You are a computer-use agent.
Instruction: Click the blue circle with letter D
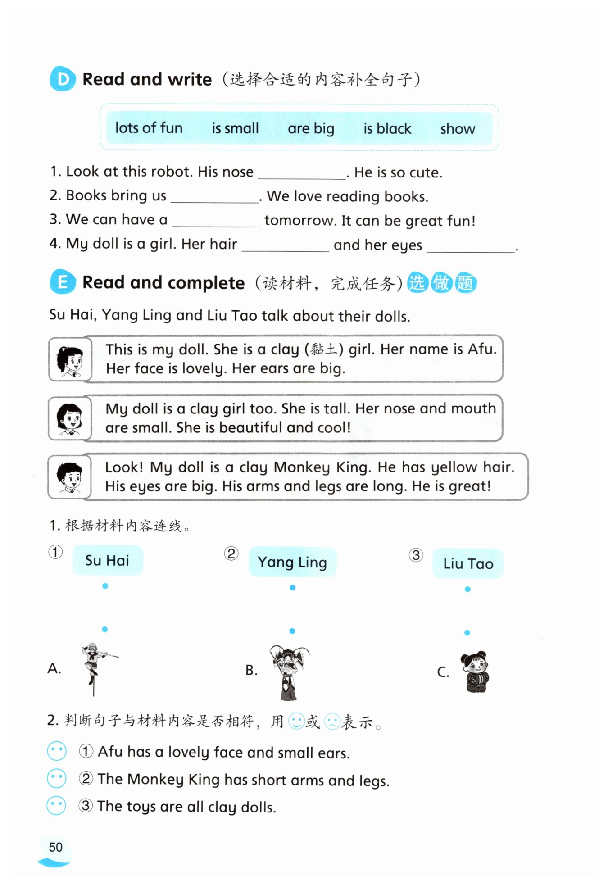[x=63, y=79]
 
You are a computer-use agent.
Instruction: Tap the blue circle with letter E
[x=63, y=282]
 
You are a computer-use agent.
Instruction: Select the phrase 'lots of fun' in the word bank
[x=149, y=128]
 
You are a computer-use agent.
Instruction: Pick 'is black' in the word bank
[x=387, y=129]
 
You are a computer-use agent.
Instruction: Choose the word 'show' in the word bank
[x=458, y=129]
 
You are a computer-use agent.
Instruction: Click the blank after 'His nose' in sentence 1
[x=301, y=173]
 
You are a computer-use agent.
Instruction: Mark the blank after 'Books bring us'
[x=214, y=197]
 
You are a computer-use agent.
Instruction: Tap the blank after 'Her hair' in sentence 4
[x=285, y=246]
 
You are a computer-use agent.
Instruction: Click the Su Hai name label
[x=108, y=560]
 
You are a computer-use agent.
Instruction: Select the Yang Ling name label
[x=292, y=562]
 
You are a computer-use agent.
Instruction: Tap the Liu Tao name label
[x=468, y=563]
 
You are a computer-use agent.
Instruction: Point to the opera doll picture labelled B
[x=289, y=671]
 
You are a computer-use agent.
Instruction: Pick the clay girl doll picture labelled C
[x=475, y=672]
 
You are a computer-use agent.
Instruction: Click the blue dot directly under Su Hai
[x=105, y=586]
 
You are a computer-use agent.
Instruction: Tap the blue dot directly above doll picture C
[x=467, y=633]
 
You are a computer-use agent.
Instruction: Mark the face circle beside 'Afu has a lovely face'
[x=57, y=751]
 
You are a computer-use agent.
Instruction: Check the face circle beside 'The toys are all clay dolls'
[x=57, y=806]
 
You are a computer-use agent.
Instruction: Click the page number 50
[x=55, y=847]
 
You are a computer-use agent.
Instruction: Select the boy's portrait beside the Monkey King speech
[x=70, y=477]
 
